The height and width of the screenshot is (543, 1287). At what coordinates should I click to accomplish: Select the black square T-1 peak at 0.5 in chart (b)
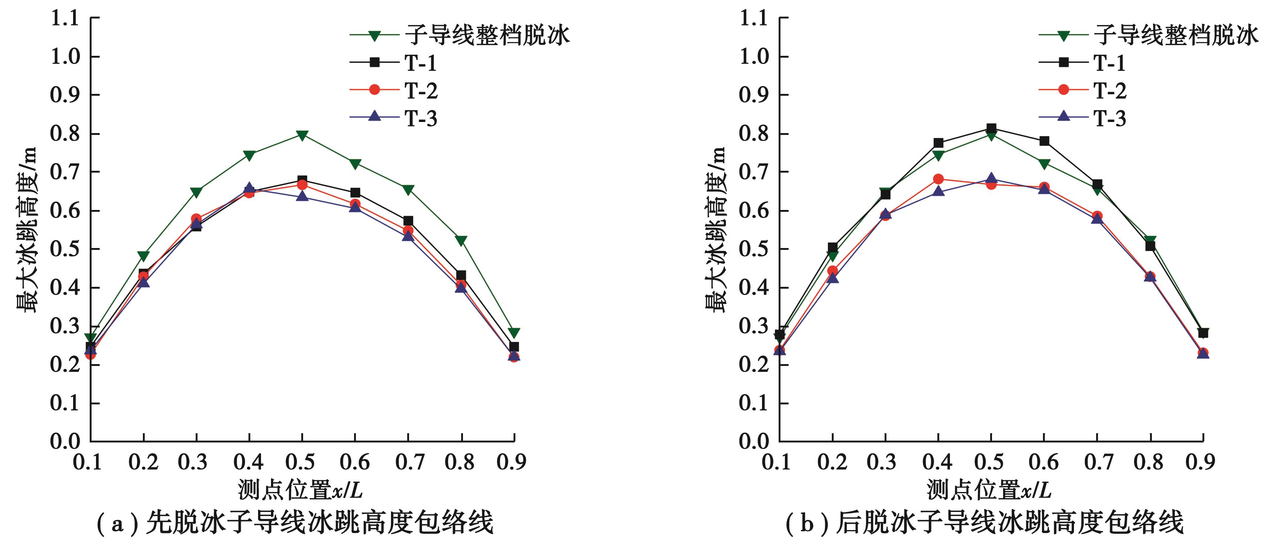[991, 129]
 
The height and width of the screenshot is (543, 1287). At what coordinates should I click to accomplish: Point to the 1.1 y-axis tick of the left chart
[65, 18]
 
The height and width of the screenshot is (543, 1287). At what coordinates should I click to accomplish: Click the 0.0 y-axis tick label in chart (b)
[754, 441]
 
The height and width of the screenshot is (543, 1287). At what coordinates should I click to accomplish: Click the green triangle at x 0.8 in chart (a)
[461, 241]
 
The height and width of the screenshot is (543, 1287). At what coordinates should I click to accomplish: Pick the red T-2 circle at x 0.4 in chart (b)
[938, 179]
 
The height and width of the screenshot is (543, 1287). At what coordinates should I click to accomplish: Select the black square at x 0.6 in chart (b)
[1044, 141]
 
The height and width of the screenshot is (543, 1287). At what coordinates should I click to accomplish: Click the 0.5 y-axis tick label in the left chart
[65, 249]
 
